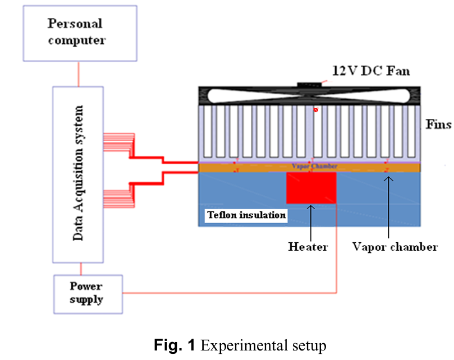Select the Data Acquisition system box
(x=77, y=174)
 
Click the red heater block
(x=311, y=188)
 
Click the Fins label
(x=438, y=124)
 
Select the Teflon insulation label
(x=247, y=215)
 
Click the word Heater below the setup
(x=308, y=246)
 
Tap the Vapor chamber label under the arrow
(x=395, y=246)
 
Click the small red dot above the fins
(x=316, y=110)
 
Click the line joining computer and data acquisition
(x=78, y=74)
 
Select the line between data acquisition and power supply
(x=78, y=269)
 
